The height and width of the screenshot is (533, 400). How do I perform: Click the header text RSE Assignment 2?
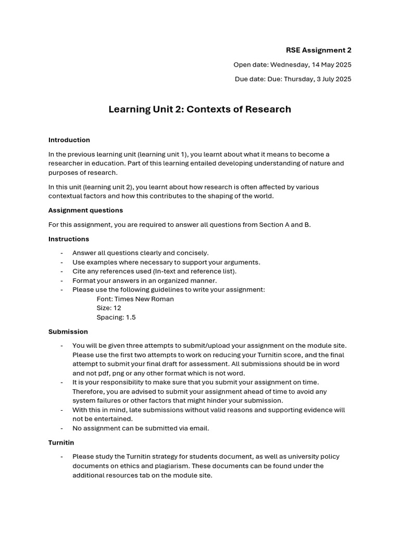click(318, 50)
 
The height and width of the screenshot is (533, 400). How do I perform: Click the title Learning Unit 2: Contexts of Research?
click(199, 109)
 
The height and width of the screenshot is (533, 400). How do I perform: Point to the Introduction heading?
click(69, 140)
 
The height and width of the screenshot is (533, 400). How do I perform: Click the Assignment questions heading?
click(85, 210)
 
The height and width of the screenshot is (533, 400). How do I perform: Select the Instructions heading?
click(69, 239)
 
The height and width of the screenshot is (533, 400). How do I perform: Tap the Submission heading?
click(68, 332)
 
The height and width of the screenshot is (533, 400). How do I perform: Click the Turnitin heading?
click(61, 442)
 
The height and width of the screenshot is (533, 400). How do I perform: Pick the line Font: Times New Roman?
click(135, 299)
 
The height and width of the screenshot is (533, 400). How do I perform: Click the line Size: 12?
click(109, 308)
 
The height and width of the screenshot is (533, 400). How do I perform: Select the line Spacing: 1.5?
click(116, 318)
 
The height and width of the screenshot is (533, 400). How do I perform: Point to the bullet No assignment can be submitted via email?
click(141, 428)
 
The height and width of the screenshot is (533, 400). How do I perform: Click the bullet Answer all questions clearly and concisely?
click(140, 253)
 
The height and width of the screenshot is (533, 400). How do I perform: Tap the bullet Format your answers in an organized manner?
click(144, 281)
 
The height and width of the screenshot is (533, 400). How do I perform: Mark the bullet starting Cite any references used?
click(154, 271)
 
